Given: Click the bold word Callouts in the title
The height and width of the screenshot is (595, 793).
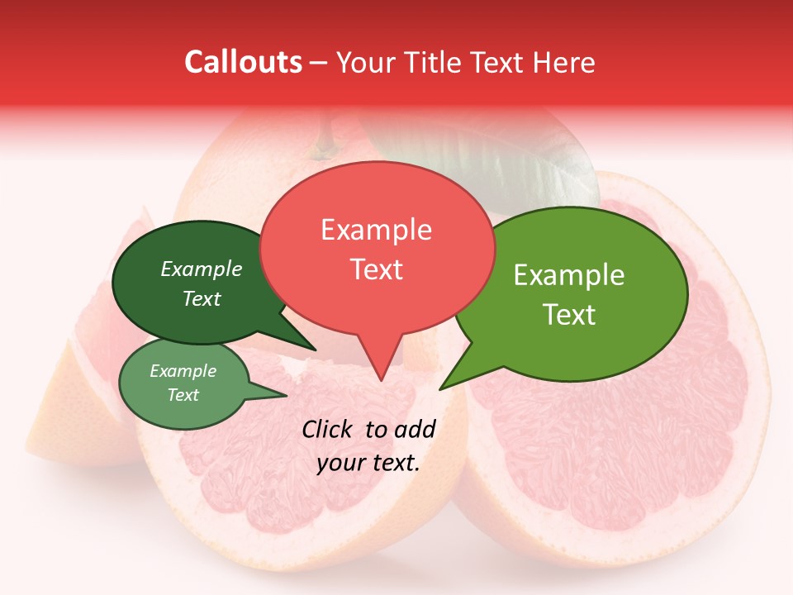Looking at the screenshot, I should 243,62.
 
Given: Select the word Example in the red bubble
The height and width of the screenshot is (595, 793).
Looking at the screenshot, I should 376,230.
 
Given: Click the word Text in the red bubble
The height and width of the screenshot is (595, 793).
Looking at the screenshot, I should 377,269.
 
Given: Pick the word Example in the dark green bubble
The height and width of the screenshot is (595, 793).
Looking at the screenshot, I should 201,269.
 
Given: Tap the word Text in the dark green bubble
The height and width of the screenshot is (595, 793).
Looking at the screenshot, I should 202,299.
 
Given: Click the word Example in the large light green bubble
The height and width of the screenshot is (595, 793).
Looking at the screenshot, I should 568,275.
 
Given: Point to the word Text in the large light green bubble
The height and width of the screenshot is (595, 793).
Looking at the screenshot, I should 570,315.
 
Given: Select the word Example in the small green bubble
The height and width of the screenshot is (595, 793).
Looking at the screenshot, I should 183,372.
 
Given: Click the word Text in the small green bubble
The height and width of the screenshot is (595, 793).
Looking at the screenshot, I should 183,395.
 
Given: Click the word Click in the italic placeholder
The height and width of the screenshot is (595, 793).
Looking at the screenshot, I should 329,429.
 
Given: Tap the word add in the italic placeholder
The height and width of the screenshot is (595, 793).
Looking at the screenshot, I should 415,429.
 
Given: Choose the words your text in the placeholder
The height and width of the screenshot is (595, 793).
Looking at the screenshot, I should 368,463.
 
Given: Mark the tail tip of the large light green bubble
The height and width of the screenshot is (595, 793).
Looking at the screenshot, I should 440,388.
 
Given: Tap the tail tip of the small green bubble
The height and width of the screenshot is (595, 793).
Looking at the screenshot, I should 286,396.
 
